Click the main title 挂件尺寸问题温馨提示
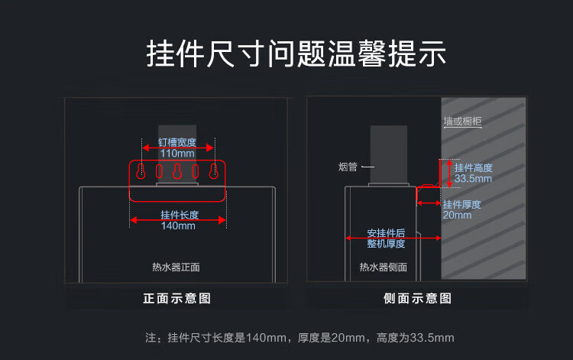pyautogui.click(x=296, y=54)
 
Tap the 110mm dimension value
pyautogui.click(x=177, y=154)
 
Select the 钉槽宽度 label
pyautogui.click(x=177, y=142)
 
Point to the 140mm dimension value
pyautogui.click(x=178, y=226)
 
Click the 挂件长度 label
pyautogui.click(x=180, y=215)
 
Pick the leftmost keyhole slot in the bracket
pyautogui.click(x=141, y=171)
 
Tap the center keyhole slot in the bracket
pyautogui.click(x=177, y=171)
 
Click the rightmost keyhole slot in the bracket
pyautogui.click(x=214, y=171)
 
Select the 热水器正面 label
pyautogui.click(x=176, y=268)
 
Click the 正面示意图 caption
pyautogui.click(x=177, y=298)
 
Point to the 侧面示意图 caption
pyautogui.click(x=418, y=298)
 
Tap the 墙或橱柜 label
pyautogui.click(x=463, y=122)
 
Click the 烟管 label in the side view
pyautogui.click(x=348, y=167)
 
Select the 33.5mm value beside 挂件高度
pyautogui.click(x=473, y=179)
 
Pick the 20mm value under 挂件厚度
pyautogui.click(x=457, y=216)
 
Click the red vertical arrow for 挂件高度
pyautogui.click(x=449, y=174)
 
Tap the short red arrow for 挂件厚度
pyautogui.click(x=429, y=203)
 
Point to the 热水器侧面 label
pyautogui.click(x=384, y=268)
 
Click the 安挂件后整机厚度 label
pyautogui.click(x=387, y=238)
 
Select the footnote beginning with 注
pyautogui.click(x=299, y=338)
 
